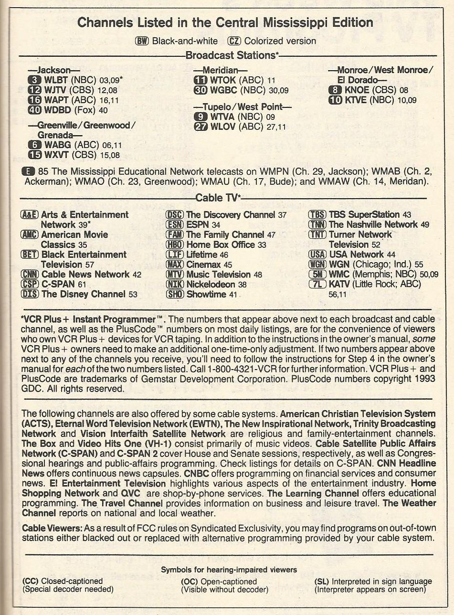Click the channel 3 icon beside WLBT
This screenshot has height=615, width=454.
pyautogui.click(x=36, y=80)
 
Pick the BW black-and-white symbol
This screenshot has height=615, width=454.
pyautogui.click(x=142, y=41)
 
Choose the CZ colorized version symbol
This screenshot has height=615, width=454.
pyautogui.click(x=234, y=41)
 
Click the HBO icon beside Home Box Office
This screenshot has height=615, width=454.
pyautogui.click(x=175, y=244)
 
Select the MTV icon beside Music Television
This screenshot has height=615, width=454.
pyautogui.click(x=175, y=275)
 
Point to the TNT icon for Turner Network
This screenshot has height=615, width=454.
pyautogui.click(x=318, y=234)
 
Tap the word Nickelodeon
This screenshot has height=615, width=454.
pyautogui.click(x=211, y=285)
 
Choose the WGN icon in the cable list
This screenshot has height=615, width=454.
pyautogui.click(x=318, y=265)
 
